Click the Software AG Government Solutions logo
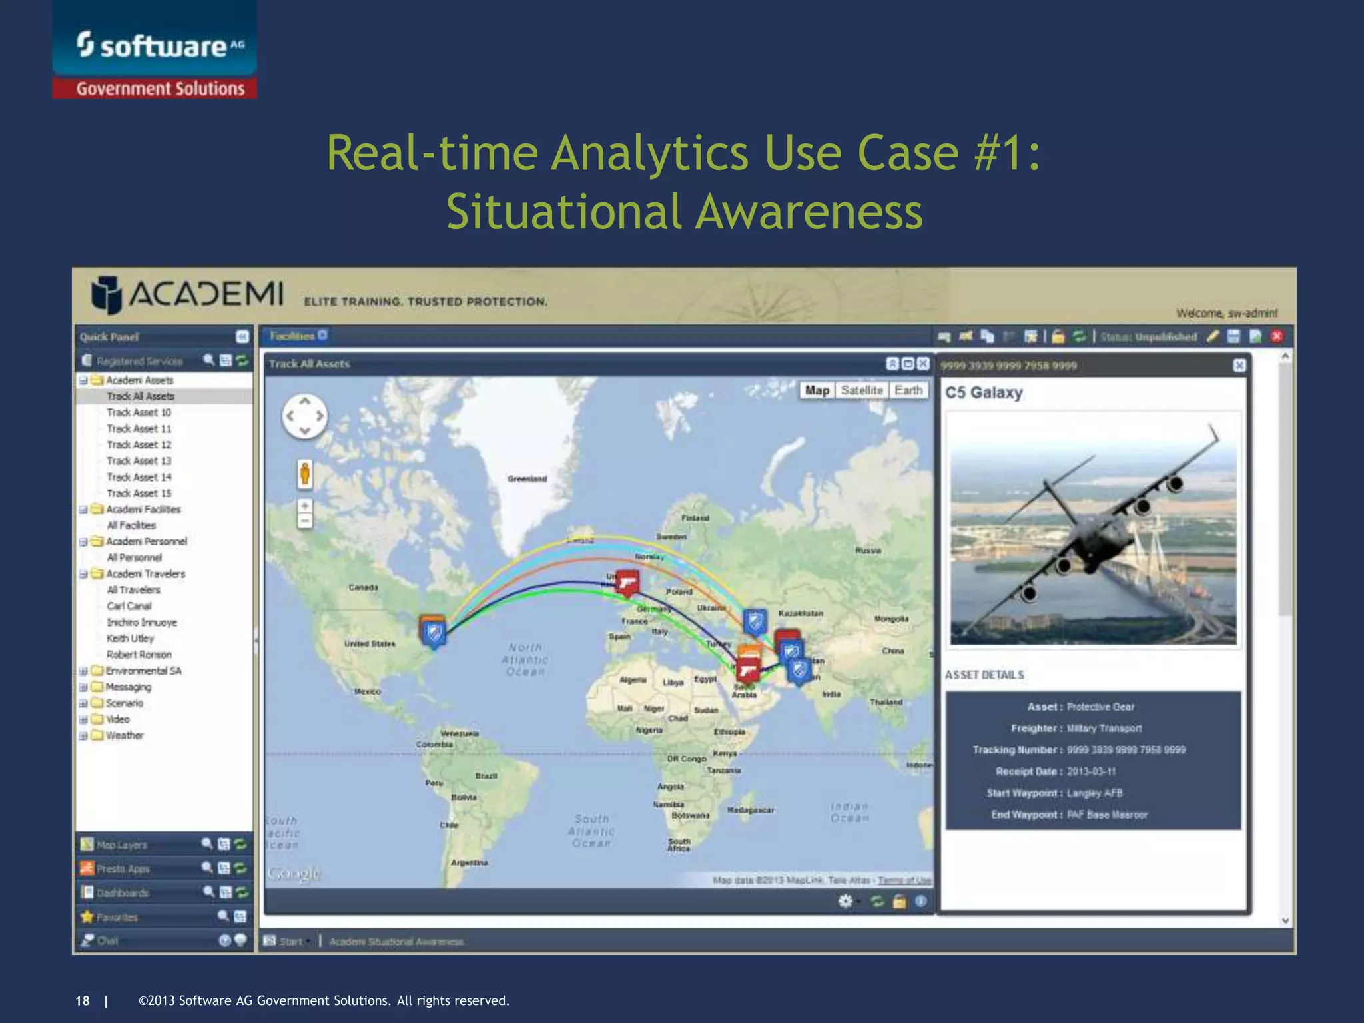click(x=155, y=50)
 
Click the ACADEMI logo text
click(x=206, y=294)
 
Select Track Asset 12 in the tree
click(x=139, y=445)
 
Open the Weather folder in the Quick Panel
click(x=124, y=735)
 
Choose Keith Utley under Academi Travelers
click(x=130, y=638)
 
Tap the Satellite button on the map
click(x=861, y=390)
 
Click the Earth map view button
click(x=908, y=390)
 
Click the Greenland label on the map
click(x=527, y=479)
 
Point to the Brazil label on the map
click(x=486, y=776)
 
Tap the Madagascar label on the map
click(x=750, y=810)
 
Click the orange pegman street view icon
click(x=304, y=474)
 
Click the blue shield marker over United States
click(x=434, y=631)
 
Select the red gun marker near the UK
click(x=626, y=583)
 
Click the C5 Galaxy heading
click(x=983, y=392)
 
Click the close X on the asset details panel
click(x=1239, y=365)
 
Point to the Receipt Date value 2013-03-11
click(x=1091, y=771)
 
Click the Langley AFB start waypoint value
click(x=1094, y=793)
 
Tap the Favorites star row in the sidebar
click(x=117, y=917)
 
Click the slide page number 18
click(x=82, y=1000)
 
